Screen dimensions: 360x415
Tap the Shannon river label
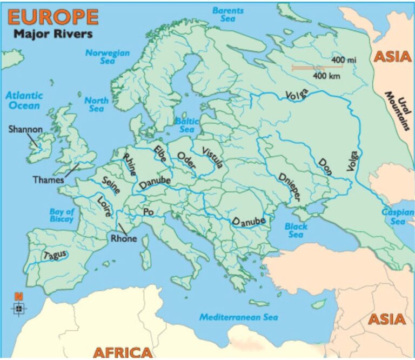click(x=25, y=129)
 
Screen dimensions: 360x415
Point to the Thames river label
click(x=48, y=179)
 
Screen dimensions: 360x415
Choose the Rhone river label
click(x=124, y=238)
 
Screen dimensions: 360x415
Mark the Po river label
click(x=149, y=212)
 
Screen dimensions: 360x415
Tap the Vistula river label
click(x=211, y=158)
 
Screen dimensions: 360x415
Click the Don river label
click(x=326, y=164)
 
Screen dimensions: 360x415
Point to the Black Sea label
click(x=296, y=230)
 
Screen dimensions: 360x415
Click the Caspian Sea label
click(x=398, y=217)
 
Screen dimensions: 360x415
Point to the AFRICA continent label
click(x=123, y=352)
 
